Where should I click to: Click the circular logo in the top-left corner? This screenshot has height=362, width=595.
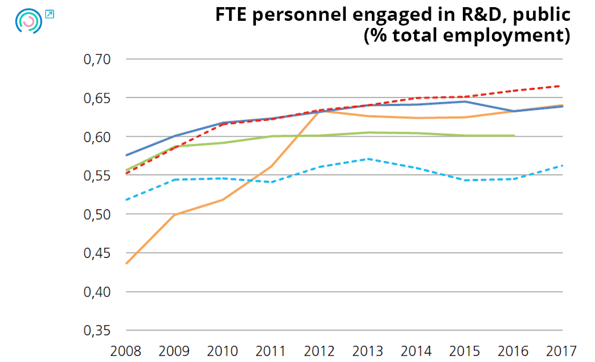tap(28, 21)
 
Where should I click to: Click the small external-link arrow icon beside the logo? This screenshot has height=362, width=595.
tap(49, 14)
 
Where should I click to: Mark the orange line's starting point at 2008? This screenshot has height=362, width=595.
tap(127, 263)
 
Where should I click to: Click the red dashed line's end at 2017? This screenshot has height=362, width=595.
tap(562, 86)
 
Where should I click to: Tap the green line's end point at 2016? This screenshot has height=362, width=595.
tap(514, 136)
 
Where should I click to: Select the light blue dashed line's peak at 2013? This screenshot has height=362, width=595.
tap(369, 159)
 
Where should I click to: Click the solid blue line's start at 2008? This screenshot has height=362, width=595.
tap(127, 155)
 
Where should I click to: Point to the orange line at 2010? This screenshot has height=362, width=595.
tap(224, 199)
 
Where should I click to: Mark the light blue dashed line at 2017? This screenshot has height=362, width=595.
tap(562, 165)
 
